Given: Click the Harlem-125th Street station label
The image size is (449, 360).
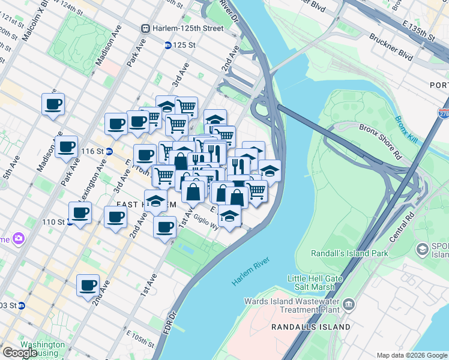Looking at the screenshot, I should pos(187,28).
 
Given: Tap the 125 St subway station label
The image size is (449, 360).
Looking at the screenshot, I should pos(184,45).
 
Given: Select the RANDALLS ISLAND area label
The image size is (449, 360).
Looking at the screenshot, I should pos(310,327).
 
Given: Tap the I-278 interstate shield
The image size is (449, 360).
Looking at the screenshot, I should pos(443,114).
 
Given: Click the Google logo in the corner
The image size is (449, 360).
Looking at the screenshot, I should pos(20,353).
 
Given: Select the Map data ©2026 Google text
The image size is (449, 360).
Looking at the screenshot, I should pos(411,355).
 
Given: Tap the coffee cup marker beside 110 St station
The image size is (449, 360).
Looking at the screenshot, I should pos(80,212).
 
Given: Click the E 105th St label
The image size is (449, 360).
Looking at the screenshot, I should pos(140,346).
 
